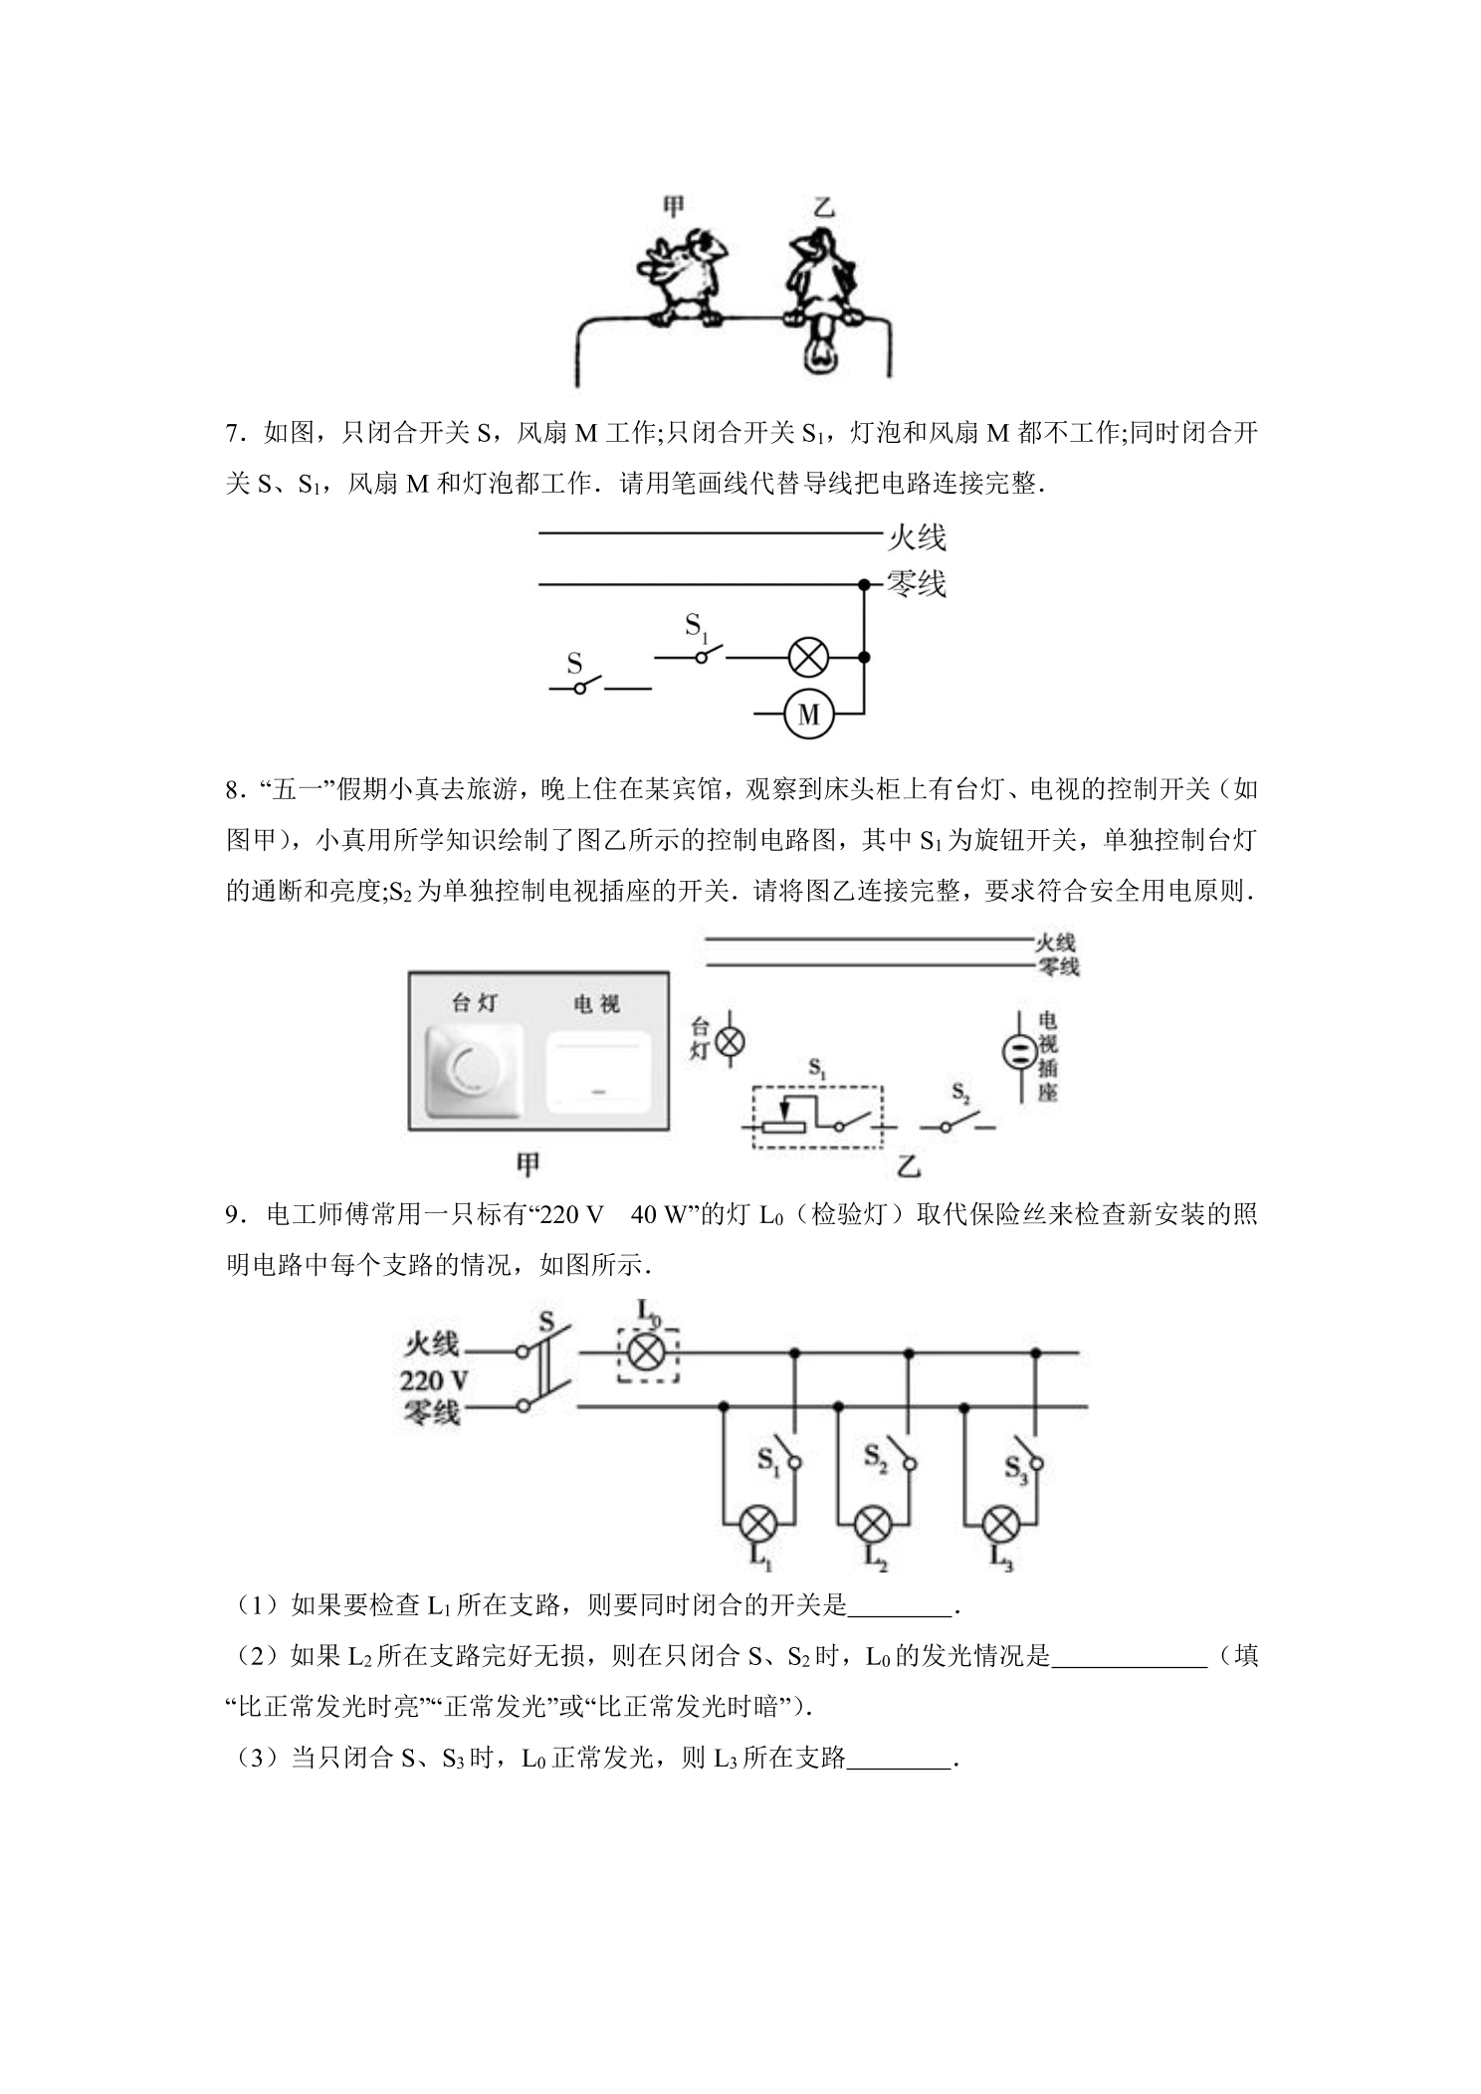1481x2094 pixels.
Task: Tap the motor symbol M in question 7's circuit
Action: click(x=808, y=714)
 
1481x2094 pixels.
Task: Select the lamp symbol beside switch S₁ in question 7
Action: click(x=808, y=657)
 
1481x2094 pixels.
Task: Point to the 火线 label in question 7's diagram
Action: click(x=916, y=537)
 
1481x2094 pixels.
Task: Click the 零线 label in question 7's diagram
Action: click(x=916, y=583)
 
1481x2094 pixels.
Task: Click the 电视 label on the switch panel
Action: click(x=596, y=1004)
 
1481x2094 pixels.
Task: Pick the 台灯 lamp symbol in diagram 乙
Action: click(x=732, y=1041)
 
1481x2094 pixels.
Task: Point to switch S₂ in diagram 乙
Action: click(x=957, y=1124)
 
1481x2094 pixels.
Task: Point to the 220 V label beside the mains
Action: click(x=435, y=1380)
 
